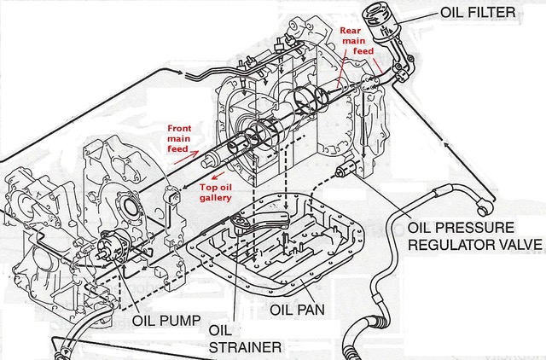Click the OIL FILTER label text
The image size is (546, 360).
477,12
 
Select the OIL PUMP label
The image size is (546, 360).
166,321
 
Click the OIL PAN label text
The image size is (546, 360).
302,307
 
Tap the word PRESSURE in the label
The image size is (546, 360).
473,228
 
